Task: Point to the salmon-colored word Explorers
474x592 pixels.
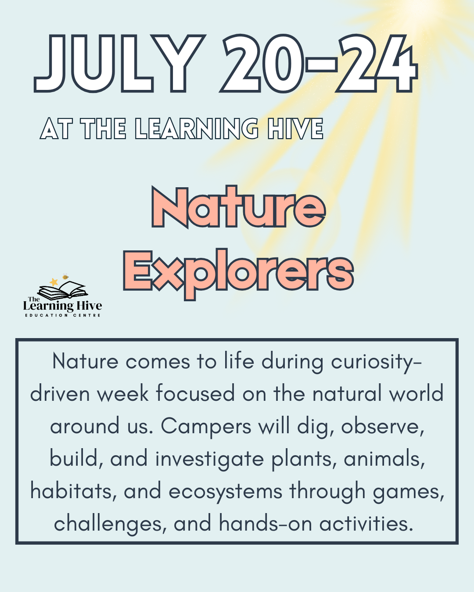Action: (x=238, y=272)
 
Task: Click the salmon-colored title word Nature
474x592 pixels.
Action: (x=238, y=207)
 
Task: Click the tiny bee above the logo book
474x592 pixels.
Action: (x=65, y=277)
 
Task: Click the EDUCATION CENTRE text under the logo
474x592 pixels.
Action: (x=63, y=315)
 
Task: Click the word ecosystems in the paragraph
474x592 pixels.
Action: (x=226, y=491)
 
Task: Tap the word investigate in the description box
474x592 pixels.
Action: (x=209, y=459)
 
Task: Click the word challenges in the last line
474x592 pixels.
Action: (x=109, y=524)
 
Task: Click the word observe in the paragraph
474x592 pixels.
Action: (x=382, y=426)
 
